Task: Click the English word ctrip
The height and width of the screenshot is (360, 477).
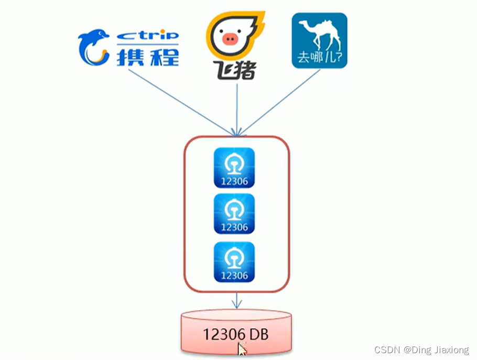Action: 147,35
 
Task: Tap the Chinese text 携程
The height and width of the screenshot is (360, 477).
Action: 147,56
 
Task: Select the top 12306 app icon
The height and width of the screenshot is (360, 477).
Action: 234,167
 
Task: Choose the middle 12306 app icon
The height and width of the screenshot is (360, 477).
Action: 234,213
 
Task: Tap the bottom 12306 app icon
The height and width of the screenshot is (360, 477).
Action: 234,261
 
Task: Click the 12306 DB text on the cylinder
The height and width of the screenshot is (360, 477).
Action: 236,334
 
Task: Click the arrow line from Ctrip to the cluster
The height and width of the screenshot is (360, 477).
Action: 178,100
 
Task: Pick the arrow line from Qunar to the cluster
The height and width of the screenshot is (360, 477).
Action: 280,103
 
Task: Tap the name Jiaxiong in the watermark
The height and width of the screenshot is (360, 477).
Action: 452,350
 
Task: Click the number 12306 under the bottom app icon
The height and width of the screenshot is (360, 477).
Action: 234,275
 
